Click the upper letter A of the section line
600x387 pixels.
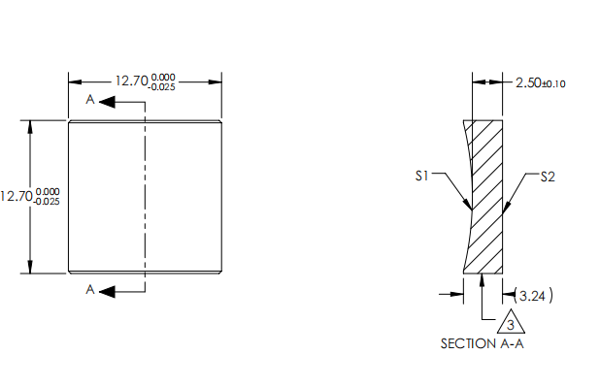[x=89, y=100]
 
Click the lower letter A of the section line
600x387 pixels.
[x=89, y=290]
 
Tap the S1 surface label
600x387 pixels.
[x=421, y=176]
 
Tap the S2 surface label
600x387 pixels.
[x=547, y=176]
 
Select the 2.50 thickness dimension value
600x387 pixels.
[x=527, y=83]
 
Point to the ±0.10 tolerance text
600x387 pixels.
[x=553, y=84]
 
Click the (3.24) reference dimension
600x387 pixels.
[x=536, y=295]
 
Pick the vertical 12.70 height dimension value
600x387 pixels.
[x=16, y=196]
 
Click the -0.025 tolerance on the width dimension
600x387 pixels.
[x=163, y=87]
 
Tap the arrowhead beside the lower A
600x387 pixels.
[x=106, y=290]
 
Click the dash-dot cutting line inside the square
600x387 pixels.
[x=145, y=194]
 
